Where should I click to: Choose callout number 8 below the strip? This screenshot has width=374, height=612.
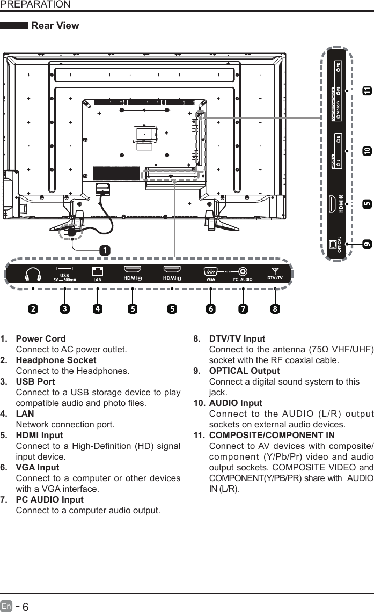coord(275,309)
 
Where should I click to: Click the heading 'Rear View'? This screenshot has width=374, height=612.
coord(55,26)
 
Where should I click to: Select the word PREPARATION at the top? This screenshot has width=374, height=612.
coord(35,5)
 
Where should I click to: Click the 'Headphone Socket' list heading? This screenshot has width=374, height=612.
coord(56,360)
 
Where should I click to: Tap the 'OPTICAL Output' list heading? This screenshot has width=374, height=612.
coord(244,371)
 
